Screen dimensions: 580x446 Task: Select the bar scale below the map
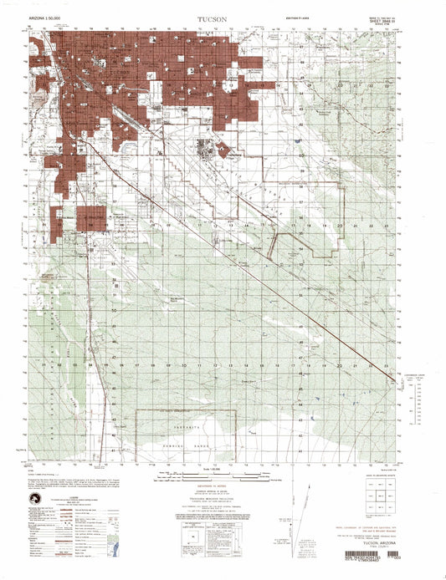point(222,483)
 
